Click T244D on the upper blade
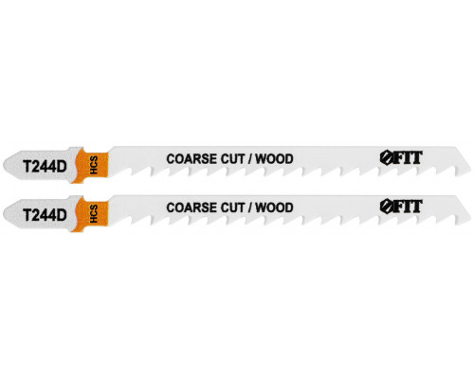click(x=45, y=167)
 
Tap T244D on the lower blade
click(x=45, y=215)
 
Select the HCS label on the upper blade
click(x=94, y=165)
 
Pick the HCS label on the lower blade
click(x=94, y=214)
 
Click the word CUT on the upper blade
click(x=232, y=158)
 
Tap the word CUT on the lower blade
click(x=232, y=208)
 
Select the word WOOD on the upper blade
click(x=274, y=158)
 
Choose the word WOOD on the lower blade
click(x=274, y=208)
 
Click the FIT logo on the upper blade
click(x=401, y=157)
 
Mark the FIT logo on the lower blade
click(x=401, y=207)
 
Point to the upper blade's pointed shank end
click(x=4, y=165)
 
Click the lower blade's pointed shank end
click(x=4, y=214)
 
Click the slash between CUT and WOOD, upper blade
click(x=250, y=159)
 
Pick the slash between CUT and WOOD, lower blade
click(x=250, y=208)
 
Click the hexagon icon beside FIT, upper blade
click(x=386, y=158)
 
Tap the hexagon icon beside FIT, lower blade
click(x=386, y=207)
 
